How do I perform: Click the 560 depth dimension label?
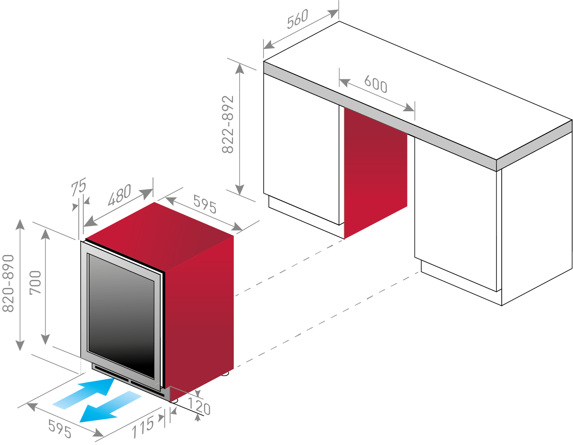pyautogui.click(x=297, y=19)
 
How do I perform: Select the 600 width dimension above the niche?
pyautogui.click(x=376, y=84)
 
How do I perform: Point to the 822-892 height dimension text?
pyautogui.click(x=228, y=124)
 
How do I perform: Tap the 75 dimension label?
pyautogui.click(x=78, y=187)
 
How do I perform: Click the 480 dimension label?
pyautogui.click(x=119, y=195)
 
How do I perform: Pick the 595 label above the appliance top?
pyautogui.click(x=205, y=204)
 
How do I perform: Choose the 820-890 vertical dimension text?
pyautogui.click(x=8, y=283)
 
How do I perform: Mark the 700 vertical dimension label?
pyautogui.click(x=35, y=283)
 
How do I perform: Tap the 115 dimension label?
pyautogui.click(x=142, y=427)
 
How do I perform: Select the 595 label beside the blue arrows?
pyautogui.click(x=60, y=429)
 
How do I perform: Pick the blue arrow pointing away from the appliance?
pyautogui.click(x=111, y=407)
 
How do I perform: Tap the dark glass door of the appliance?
pyautogui.click(x=121, y=316)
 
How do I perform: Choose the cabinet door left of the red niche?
pyautogui.click(x=301, y=149)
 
